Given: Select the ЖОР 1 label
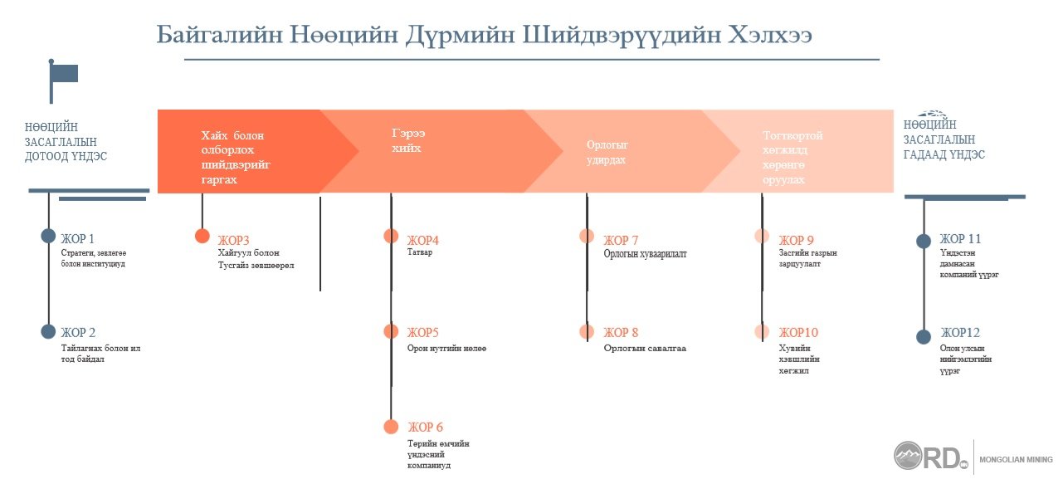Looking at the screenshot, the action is point(78,238).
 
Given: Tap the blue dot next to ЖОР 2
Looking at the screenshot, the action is point(48,331).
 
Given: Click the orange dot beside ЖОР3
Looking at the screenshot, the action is point(202,236).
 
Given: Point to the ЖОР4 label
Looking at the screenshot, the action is point(423,240).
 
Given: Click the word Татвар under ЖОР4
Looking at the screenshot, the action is point(420,252).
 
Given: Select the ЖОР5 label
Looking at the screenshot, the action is point(423,332).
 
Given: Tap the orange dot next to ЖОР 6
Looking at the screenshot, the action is point(391,427).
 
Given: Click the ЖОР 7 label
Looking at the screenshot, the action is point(621,240).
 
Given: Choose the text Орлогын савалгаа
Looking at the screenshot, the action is point(645,348).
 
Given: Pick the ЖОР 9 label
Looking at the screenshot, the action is point(797,240).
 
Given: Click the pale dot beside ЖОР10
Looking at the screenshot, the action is point(762,331).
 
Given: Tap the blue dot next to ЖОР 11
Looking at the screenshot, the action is point(924,241).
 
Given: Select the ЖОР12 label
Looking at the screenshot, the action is point(960,332).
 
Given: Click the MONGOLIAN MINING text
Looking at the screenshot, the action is point(1016,460).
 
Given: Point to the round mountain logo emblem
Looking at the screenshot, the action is point(908,455).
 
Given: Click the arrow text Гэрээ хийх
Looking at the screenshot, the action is point(408,140).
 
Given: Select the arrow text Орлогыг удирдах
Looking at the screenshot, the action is point(607,153).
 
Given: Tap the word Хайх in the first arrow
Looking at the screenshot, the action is point(214,135).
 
